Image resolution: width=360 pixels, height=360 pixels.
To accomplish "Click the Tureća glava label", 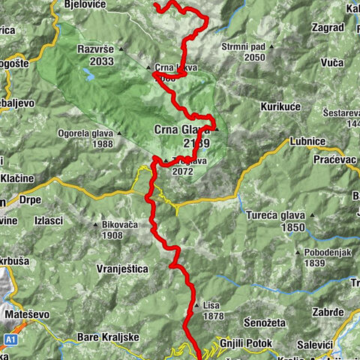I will tap(276, 215).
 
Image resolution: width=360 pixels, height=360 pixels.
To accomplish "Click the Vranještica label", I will tap(121, 268).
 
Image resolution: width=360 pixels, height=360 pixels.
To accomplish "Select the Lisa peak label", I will tap(211, 305).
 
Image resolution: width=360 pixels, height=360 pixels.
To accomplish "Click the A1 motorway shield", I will tap(11, 338).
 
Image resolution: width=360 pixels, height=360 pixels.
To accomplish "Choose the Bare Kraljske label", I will tap(109, 337).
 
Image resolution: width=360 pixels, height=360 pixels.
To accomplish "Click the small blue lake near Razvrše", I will tap(89, 75).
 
